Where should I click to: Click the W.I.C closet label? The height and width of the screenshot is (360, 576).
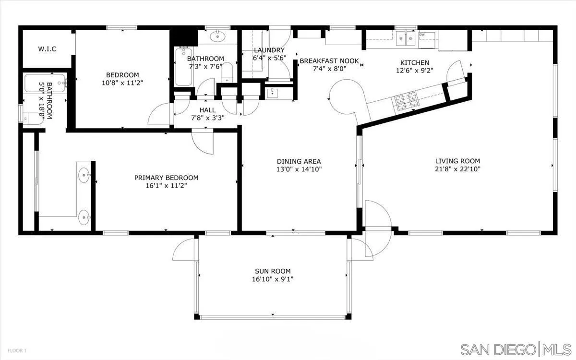tap(47, 49)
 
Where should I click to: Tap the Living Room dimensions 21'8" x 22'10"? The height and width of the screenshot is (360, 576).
tap(458, 169)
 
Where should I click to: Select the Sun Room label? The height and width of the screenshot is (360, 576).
tap(273, 271)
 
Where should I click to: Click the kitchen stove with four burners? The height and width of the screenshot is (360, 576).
tap(406, 101)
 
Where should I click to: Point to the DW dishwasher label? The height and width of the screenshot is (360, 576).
tap(422, 34)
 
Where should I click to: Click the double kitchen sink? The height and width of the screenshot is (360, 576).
tap(406, 38)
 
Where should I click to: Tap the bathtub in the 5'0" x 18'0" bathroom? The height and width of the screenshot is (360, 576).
tap(45, 83)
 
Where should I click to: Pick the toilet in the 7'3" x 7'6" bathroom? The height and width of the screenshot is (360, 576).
tap(227, 72)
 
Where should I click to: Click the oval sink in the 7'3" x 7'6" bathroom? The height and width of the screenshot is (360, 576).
tap(217, 36)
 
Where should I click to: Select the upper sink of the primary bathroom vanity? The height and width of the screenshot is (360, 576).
tap(84, 175)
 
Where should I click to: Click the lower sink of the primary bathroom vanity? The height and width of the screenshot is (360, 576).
tap(84, 217)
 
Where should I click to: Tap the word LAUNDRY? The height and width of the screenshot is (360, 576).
tap(269, 50)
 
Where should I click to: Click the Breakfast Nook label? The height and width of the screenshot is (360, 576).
tap(329, 61)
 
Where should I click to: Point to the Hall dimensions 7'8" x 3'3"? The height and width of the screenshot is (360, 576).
tap(208, 118)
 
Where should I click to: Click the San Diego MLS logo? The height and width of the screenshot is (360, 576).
tap(516, 350)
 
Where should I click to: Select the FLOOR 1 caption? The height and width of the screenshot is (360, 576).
tap(17, 350)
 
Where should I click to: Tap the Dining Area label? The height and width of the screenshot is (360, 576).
tap(299, 161)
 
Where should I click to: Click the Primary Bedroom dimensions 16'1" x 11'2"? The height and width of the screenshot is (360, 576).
tap(167, 186)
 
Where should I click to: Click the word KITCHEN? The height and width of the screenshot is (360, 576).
tap(415, 62)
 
